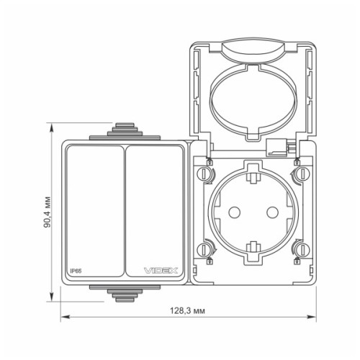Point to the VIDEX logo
165,271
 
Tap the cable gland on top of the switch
125,132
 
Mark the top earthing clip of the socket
253,171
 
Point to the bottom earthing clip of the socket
253,253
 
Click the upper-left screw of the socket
205,174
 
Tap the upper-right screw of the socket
301,174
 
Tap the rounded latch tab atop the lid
253,52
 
